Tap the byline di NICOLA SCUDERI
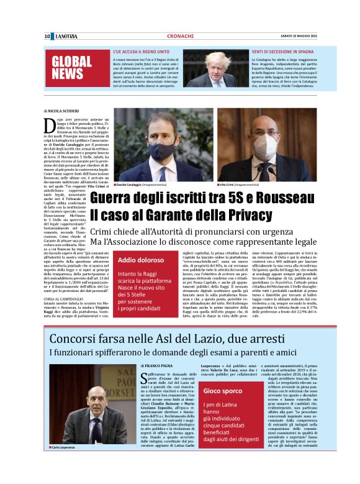[63, 110]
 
